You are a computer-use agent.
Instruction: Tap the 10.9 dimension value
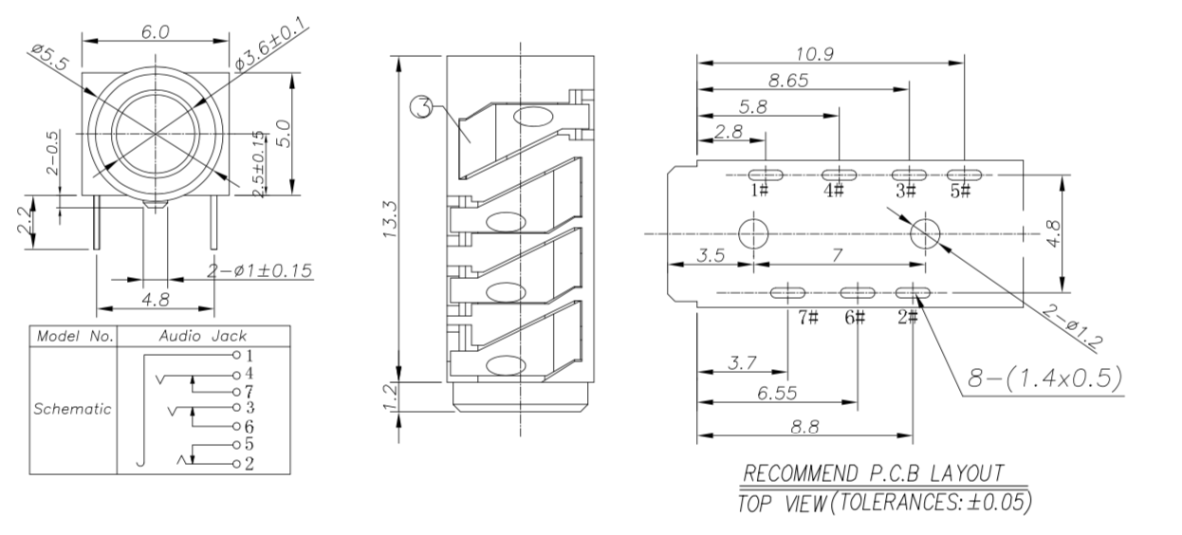(x=815, y=54)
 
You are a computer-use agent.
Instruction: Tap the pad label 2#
(x=907, y=317)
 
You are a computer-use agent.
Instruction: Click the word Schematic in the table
(x=72, y=410)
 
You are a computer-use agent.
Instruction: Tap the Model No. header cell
(x=72, y=336)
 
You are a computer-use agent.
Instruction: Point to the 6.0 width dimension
(x=156, y=31)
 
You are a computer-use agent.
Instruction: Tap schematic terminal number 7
(x=248, y=391)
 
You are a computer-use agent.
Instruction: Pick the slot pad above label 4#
(x=838, y=175)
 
